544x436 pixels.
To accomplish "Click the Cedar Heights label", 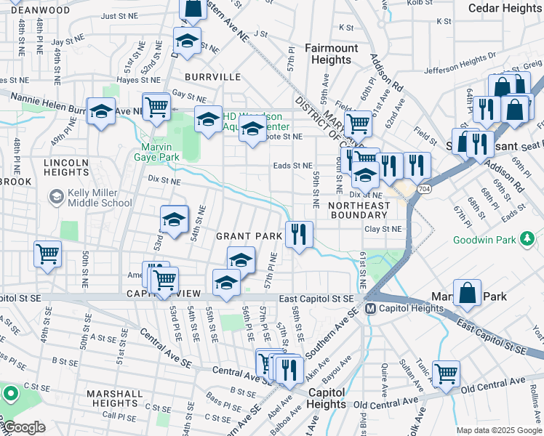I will click(x=503, y=8).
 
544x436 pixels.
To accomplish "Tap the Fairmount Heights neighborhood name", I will click(x=331, y=54).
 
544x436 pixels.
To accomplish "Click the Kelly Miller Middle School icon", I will click(x=56, y=196).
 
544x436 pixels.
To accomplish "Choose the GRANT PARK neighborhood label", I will click(x=248, y=236).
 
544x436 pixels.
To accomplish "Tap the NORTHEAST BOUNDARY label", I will click(x=357, y=210).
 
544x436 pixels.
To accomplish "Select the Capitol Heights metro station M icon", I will click(x=370, y=308).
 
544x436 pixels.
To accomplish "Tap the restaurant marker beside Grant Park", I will click(x=299, y=234).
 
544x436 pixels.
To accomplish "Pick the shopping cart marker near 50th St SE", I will click(x=47, y=254).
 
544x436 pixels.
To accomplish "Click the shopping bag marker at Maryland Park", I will click(x=468, y=294).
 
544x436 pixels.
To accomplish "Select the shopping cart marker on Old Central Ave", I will click(x=446, y=374).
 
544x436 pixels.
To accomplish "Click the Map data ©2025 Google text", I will click(x=498, y=430).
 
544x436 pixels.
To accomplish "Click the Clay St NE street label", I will click(x=383, y=229).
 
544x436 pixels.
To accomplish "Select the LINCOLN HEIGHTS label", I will click(x=66, y=167).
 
